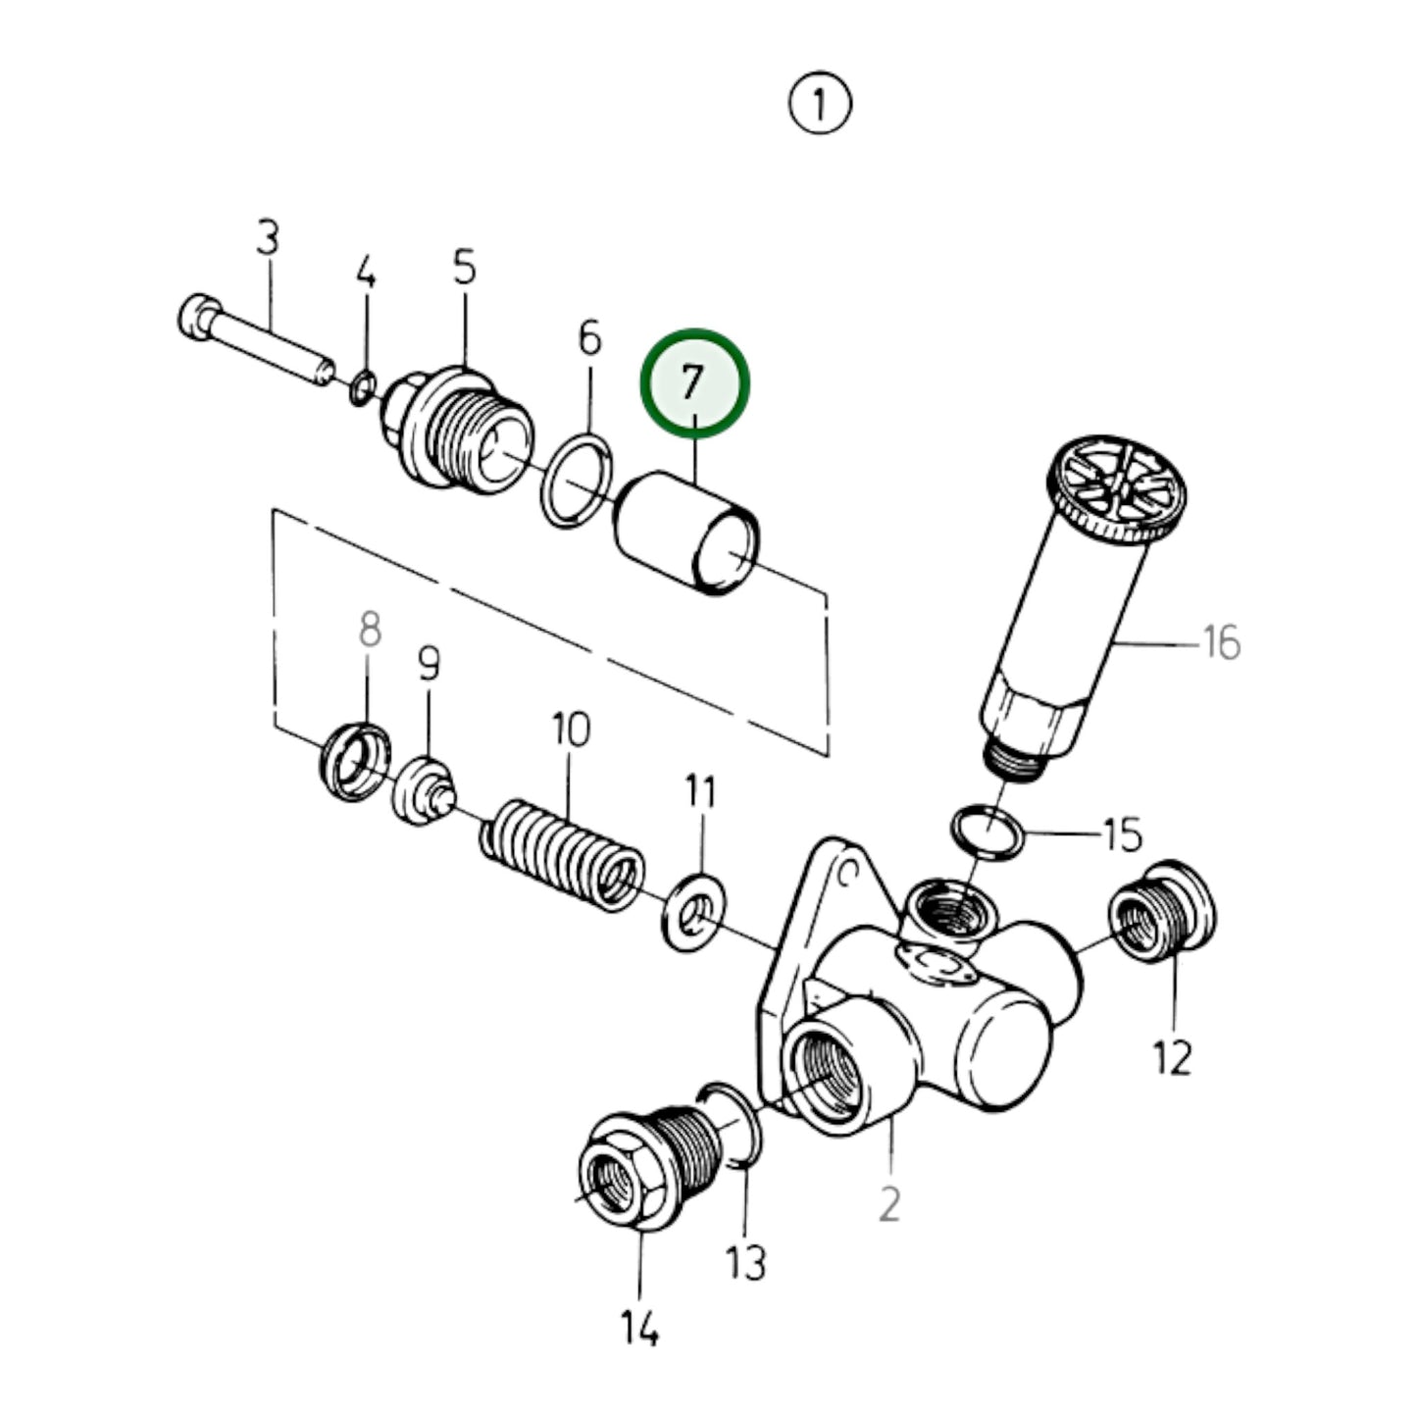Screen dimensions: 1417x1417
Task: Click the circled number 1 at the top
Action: click(820, 104)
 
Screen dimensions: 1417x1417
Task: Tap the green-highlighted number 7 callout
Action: click(694, 381)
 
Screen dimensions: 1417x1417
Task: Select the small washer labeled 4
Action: click(362, 388)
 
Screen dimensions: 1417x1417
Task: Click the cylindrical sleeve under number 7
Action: click(686, 534)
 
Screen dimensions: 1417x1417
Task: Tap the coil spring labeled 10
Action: click(562, 854)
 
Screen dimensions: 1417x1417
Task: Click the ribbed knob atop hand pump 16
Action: click(1118, 490)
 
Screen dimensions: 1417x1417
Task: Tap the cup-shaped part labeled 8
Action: click(354, 760)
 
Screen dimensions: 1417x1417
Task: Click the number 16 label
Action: click(1221, 644)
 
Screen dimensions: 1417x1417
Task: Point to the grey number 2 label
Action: click(888, 1203)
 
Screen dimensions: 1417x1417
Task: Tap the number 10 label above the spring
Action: click(571, 730)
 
